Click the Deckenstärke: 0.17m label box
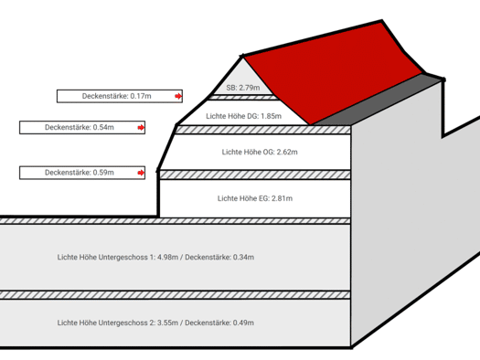pyautogui.click(x=120, y=96)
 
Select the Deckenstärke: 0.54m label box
pyautogui.click(x=82, y=127)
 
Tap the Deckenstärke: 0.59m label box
pyautogui.click(x=82, y=173)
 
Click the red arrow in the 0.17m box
pyautogui.click(x=178, y=96)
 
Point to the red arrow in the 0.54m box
pyautogui.click(x=141, y=128)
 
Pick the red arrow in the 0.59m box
pyautogui.click(x=141, y=173)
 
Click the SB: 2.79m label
pyautogui.click(x=243, y=88)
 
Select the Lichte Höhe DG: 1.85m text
pyautogui.click(x=244, y=116)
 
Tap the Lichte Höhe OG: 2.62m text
pyautogui.click(x=260, y=152)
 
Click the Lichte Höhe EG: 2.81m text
pyautogui.click(x=255, y=198)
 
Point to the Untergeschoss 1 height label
pyautogui.click(x=155, y=258)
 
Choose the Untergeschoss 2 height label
pyautogui.click(x=155, y=323)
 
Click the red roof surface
pyautogui.click(x=334, y=73)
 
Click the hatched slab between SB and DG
pyautogui.click(x=242, y=98)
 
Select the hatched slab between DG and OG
pyautogui.click(x=263, y=130)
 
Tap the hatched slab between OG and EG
pyautogui.click(x=255, y=175)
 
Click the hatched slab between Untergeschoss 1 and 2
pyautogui.click(x=176, y=295)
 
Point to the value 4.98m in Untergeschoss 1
pyautogui.click(x=167, y=258)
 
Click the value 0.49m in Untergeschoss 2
pyautogui.click(x=243, y=323)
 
